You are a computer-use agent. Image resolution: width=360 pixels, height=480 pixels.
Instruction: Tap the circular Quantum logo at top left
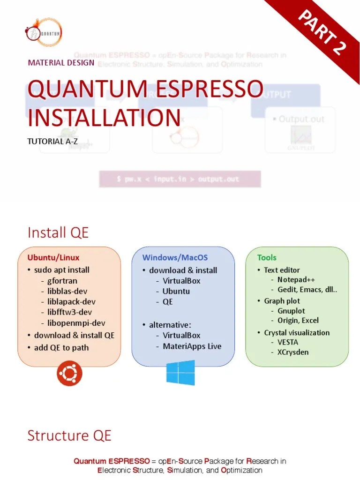pos(43,32)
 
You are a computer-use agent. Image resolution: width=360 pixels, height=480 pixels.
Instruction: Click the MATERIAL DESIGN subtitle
pos(61,63)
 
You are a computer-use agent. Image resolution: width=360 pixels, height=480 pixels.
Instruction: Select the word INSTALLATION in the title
pos(104,117)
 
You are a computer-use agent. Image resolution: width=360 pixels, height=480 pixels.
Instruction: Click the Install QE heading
pos(58,232)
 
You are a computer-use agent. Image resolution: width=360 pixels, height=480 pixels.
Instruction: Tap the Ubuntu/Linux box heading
pos(53,257)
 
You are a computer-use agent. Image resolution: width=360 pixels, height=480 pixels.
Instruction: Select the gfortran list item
pos(62,281)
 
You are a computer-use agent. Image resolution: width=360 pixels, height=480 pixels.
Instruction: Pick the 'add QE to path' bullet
pos(61,347)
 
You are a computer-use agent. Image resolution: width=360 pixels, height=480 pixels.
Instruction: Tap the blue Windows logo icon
pos(180,373)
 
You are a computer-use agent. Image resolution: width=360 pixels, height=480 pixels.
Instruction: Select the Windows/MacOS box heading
pos(175,257)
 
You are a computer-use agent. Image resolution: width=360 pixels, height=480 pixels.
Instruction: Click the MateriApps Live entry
pos(192,346)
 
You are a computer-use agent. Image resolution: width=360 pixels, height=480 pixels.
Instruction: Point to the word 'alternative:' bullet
pos(170,325)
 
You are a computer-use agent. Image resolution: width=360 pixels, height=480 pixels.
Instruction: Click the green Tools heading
pos(267,257)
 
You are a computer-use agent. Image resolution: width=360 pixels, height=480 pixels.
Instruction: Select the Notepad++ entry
pos(296,280)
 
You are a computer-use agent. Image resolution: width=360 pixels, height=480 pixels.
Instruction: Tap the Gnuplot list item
pos(291,311)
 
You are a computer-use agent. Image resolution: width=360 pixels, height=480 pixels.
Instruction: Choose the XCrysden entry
pos(293,352)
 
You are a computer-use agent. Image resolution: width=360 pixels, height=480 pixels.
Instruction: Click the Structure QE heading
pos(69,435)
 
